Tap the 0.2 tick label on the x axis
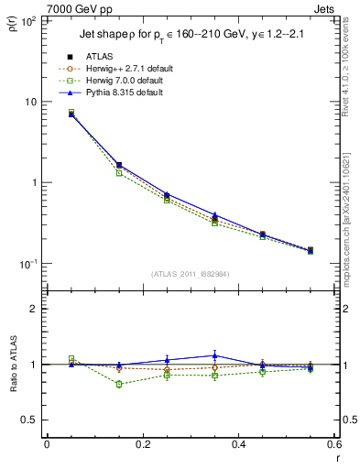(x=142, y=444)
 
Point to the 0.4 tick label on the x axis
(x=238, y=444)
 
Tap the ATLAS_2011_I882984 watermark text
(x=190, y=274)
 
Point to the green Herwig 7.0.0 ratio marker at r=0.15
(x=119, y=384)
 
